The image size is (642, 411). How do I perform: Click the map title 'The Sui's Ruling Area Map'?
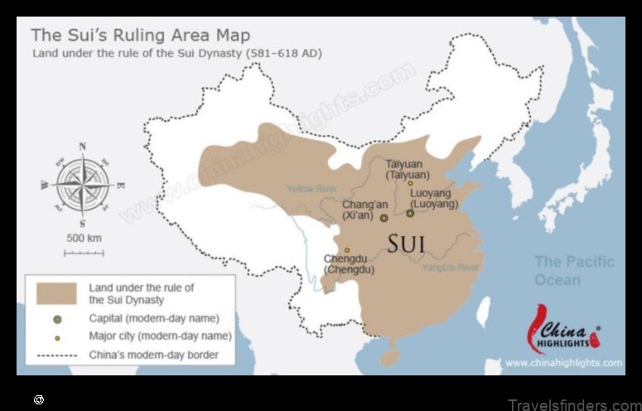tap(140, 36)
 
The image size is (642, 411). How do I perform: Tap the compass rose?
tap(82, 185)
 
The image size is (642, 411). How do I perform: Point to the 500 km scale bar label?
tap(84, 239)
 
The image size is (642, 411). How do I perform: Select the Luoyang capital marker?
tap(410, 213)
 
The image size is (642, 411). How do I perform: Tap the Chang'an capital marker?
tap(384, 218)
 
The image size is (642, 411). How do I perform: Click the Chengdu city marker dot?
tap(347, 249)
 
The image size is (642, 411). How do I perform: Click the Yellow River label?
tap(311, 189)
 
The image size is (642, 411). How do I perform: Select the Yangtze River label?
tap(451, 268)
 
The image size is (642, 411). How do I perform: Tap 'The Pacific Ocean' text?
tap(574, 270)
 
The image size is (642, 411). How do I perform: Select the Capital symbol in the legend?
tap(56, 318)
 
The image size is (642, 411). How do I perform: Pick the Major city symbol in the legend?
tap(56, 337)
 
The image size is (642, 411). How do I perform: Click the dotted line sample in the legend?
tap(56, 355)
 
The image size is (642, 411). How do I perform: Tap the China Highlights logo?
tap(563, 330)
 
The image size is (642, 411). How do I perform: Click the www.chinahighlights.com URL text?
tap(563, 362)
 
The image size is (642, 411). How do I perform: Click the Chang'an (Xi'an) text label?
tap(364, 210)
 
